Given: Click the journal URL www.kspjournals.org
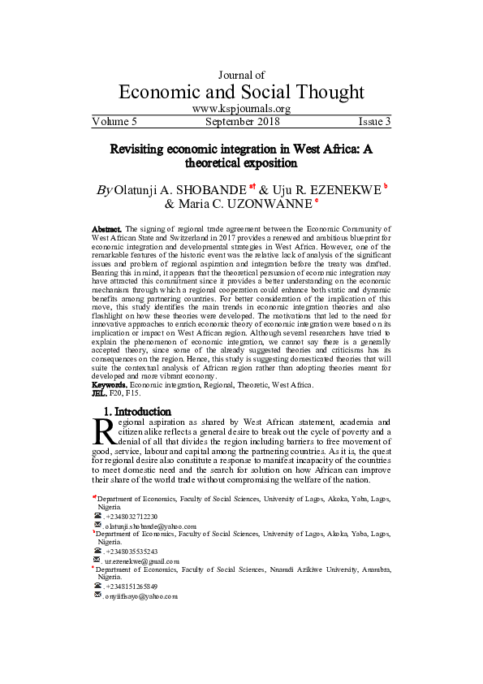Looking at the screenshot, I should [241, 109].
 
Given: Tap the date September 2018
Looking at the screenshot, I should [243, 122].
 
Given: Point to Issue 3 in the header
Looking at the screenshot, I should [374, 122].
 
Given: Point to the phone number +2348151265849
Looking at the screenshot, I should [132, 586].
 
